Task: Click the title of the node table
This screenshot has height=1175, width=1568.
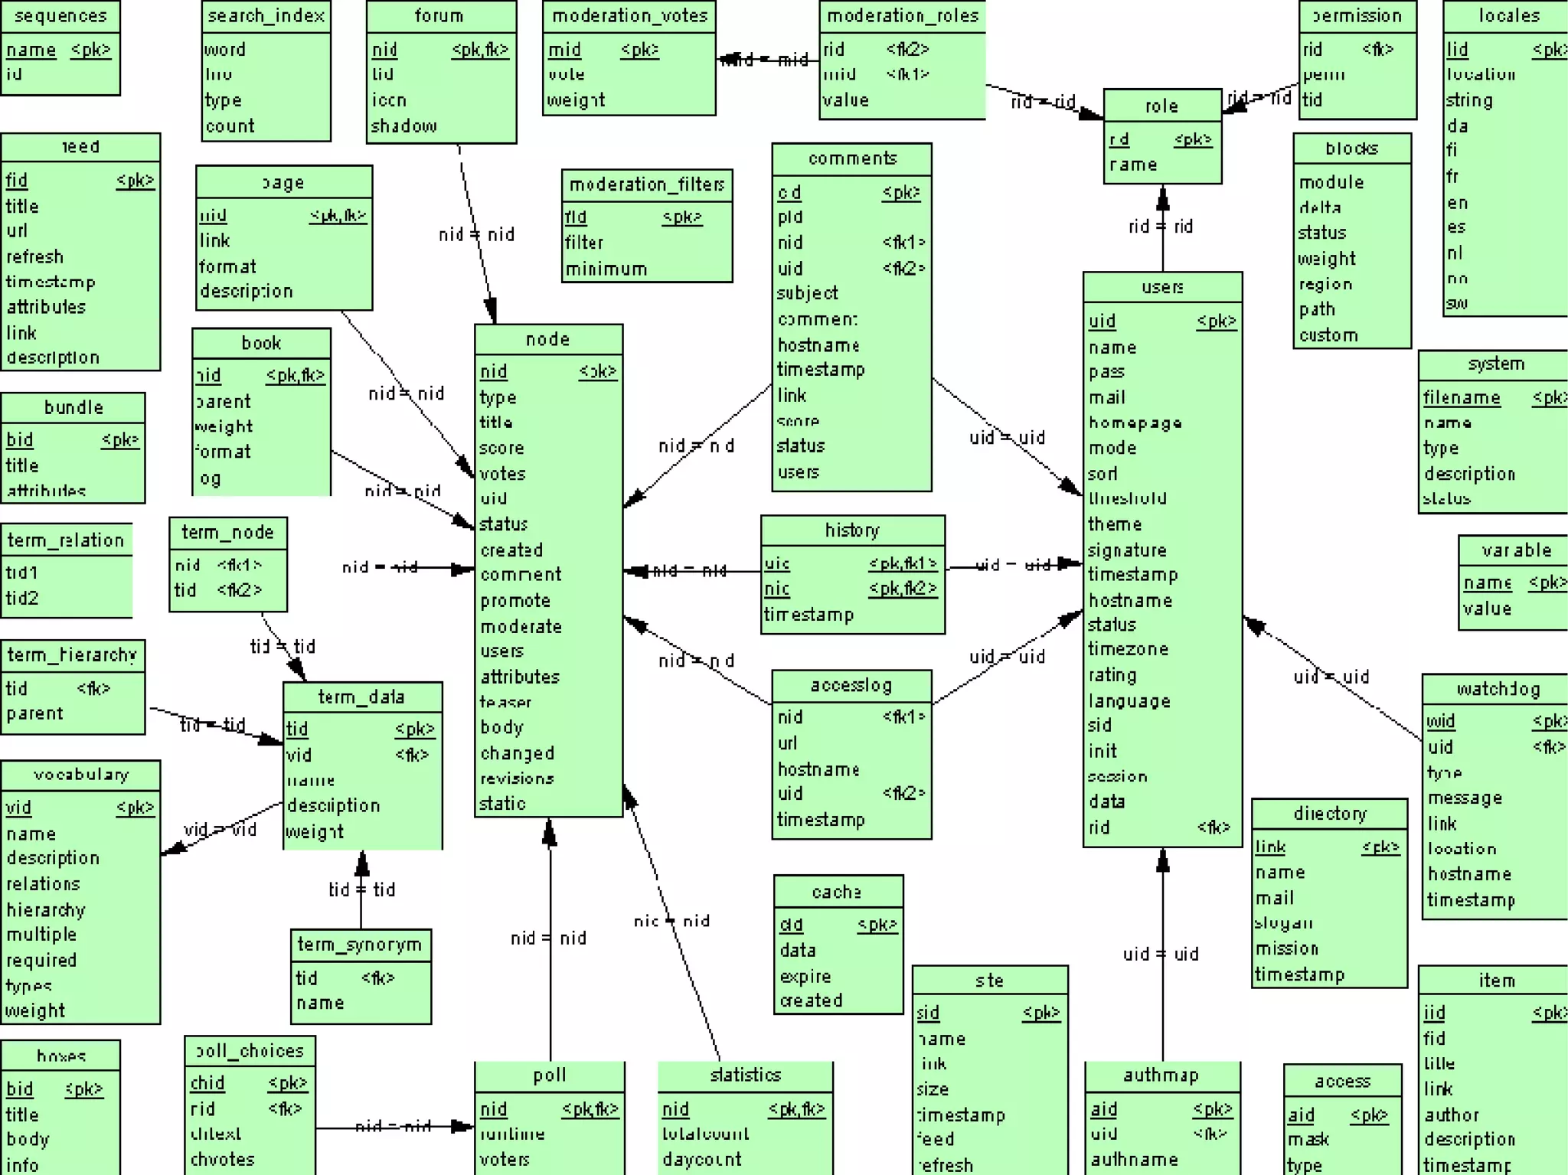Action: [x=547, y=339]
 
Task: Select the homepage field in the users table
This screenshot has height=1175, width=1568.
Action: [x=1135, y=423]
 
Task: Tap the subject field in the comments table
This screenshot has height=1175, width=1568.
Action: [x=808, y=293]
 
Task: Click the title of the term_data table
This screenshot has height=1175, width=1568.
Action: [x=361, y=697]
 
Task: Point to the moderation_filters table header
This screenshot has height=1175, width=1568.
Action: [x=646, y=184]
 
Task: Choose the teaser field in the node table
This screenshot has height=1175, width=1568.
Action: [x=505, y=702]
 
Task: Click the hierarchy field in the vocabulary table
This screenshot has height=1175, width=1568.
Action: [x=46, y=909]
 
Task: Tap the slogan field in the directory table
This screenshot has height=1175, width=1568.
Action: [x=1283, y=923]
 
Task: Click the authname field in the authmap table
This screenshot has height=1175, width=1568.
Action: [x=1134, y=1159]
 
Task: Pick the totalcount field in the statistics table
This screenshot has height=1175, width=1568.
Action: [x=705, y=1134]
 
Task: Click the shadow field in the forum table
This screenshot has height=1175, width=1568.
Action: [x=403, y=126]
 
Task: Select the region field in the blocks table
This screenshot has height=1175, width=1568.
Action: [x=1325, y=284]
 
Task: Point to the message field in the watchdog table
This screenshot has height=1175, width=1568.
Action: [x=1465, y=798]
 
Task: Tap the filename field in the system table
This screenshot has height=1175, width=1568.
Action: [x=1462, y=397]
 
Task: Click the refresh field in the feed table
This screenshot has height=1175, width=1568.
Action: [x=34, y=256]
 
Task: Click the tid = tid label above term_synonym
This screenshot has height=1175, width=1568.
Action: [x=361, y=889]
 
